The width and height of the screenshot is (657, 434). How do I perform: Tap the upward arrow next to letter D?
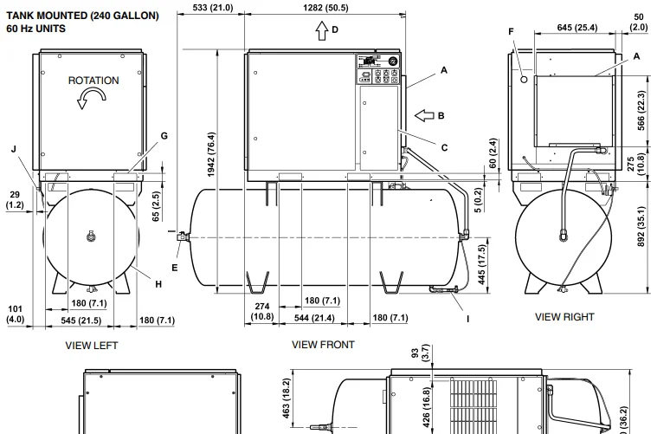322,30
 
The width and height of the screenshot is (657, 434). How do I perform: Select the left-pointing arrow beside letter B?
424,115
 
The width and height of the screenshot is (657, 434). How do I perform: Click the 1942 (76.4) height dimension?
211,154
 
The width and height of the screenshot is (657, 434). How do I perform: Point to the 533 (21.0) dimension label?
213,8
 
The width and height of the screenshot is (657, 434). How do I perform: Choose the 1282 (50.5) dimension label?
325,8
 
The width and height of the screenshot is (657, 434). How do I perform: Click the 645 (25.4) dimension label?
577,28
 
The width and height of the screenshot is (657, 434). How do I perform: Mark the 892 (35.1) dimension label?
641,226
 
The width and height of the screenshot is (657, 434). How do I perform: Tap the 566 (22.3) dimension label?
641,111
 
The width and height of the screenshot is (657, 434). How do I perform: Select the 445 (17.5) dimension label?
481,265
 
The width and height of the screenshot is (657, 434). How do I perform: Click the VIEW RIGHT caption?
564,317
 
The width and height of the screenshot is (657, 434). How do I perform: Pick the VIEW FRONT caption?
323,345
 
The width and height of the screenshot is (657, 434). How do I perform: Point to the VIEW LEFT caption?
92,346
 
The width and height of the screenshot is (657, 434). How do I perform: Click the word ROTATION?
93,81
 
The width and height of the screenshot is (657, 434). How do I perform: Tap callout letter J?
14,149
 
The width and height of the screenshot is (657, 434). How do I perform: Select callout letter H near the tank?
158,284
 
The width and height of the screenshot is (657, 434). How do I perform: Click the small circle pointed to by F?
524,79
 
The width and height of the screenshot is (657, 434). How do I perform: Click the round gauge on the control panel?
393,62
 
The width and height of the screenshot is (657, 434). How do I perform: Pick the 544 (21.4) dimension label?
314,318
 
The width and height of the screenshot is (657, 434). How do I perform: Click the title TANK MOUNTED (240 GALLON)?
82,16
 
